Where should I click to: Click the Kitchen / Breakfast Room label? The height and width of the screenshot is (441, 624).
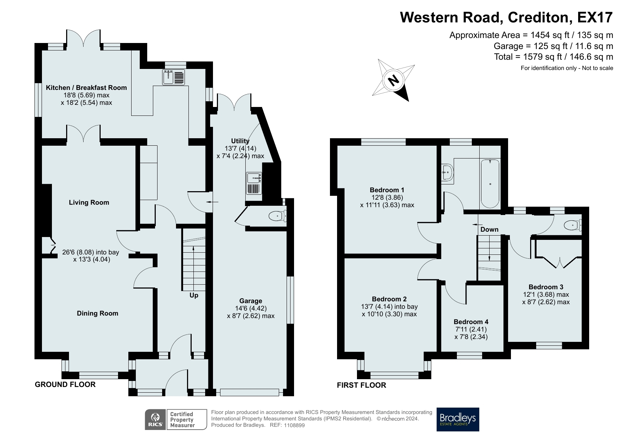pyautogui.click(x=86, y=88)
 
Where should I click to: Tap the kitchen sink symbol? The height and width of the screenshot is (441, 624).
pyautogui.click(x=174, y=77)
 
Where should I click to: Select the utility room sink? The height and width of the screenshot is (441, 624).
pyautogui.click(x=254, y=183)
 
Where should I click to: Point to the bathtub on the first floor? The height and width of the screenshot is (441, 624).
pyautogui.click(x=490, y=184)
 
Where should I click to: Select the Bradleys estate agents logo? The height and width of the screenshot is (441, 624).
pyautogui.click(x=458, y=419)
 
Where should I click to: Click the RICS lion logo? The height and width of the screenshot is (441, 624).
pyautogui.click(x=155, y=420)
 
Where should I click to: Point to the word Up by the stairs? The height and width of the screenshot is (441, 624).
pyautogui.click(x=194, y=295)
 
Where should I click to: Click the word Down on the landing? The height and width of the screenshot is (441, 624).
pyautogui.click(x=490, y=230)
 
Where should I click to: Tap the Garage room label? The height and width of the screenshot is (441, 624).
pyautogui.click(x=251, y=301)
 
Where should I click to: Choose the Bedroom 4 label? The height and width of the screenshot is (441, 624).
pyautogui.click(x=471, y=322)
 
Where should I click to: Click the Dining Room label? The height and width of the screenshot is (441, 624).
pyautogui.click(x=98, y=313)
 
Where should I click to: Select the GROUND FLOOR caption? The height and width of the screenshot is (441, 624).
pyautogui.click(x=65, y=384)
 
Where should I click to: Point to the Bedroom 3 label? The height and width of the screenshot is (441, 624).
pyautogui.click(x=546, y=287)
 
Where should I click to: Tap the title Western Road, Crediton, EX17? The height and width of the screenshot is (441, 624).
pyautogui.click(x=507, y=17)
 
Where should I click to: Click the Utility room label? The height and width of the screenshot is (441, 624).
pyautogui.click(x=240, y=141)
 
